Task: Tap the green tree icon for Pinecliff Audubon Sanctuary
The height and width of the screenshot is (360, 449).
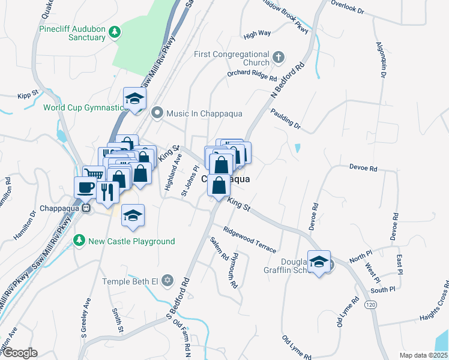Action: (x=115, y=32)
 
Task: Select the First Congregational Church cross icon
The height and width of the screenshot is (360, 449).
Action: (x=278, y=58)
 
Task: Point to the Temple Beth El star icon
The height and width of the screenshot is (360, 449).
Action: (x=167, y=281)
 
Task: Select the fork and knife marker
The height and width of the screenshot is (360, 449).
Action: (x=107, y=191)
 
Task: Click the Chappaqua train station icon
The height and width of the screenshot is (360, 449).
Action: (x=86, y=208)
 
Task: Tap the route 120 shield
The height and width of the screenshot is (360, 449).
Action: (x=370, y=305)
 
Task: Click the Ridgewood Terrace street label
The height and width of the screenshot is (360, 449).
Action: (x=250, y=239)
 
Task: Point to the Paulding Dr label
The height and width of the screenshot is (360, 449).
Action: (x=285, y=119)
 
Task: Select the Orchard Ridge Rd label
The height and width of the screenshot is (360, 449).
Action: (x=252, y=75)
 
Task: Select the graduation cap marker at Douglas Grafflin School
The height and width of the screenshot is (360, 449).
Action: (x=319, y=261)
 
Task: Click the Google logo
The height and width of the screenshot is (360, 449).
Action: (x=19, y=353)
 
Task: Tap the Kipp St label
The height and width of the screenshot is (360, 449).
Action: (x=28, y=95)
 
